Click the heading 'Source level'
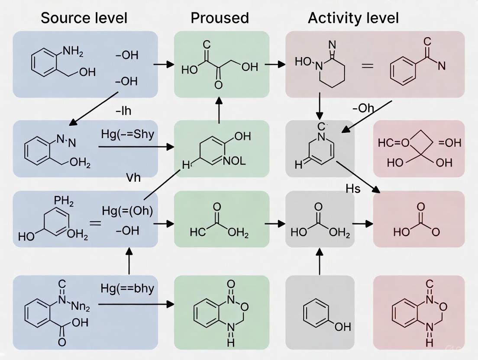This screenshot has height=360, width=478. click(x=84, y=18)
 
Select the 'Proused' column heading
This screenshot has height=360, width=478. click(x=220, y=18)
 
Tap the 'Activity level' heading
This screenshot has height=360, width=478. click(x=353, y=18)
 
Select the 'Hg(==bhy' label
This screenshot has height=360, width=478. click(x=127, y=288)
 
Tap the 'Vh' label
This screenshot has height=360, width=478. click(x=133, y=177)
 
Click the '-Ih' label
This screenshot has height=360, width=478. click(x=123, y=111)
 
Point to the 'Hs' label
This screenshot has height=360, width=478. click(x=353, y=188)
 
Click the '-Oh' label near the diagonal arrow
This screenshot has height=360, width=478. click(x=363, y=108)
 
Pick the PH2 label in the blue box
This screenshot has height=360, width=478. click(x=64, y=202)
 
